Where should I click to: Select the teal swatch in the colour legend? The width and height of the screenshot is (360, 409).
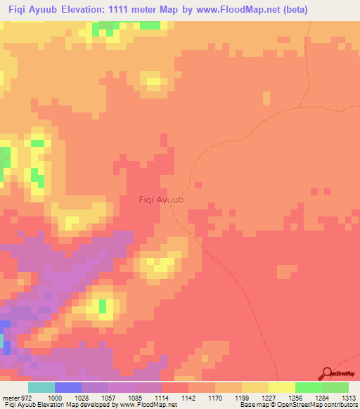click(x=41, y=387)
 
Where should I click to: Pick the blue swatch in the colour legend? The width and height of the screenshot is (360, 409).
click(x=68, y=387)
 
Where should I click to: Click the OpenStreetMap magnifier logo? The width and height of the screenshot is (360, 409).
click(x=326, y=374)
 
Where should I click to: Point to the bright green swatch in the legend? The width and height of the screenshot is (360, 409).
click(x=309, y=387)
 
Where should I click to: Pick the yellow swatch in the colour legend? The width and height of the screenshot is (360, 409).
click(x=282, y=387)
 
